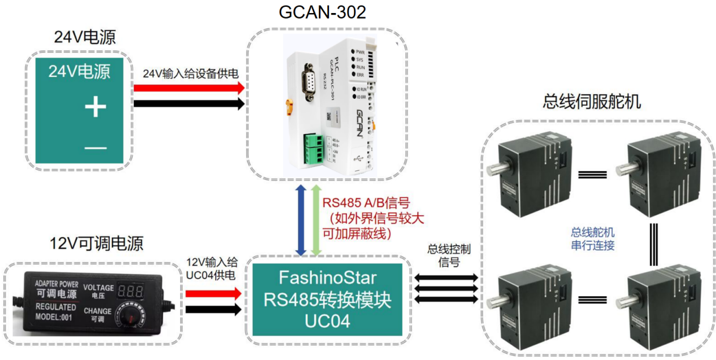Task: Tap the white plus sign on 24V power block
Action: [96, 106]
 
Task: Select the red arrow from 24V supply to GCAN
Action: [188, 88]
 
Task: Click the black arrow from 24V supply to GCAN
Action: [188, 104]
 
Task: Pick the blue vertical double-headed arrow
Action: [303, 220]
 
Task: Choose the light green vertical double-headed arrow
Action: [316, 220]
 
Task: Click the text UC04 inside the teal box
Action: [327, 320]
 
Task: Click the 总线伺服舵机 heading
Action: [592, 102]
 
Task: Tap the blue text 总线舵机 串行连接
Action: [593, 238]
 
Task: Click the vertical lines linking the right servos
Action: [653, 245]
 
